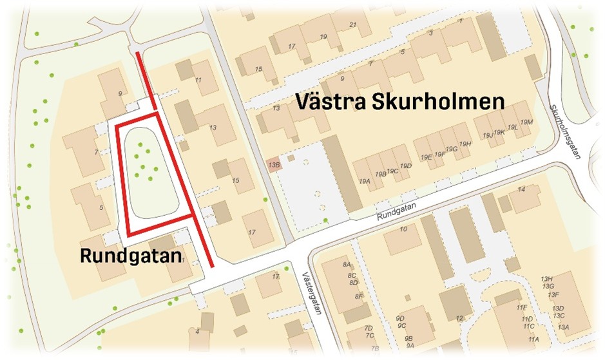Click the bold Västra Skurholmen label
[x=399, y=102]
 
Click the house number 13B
[x=274, y=166]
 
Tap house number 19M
[x=526, y=122]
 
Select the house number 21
[x=352, y=25]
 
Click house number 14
[x=521, y=189]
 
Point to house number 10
[x=403, y=230]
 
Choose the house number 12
[x=459, y=318]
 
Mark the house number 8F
[x=360, y=296]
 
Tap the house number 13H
[x=548, y=279]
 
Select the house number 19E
[x=426, y=157]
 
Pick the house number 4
[x=198, y=331]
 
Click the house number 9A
[x=410, y=345]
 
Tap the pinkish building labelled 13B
[x=274, y=166]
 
